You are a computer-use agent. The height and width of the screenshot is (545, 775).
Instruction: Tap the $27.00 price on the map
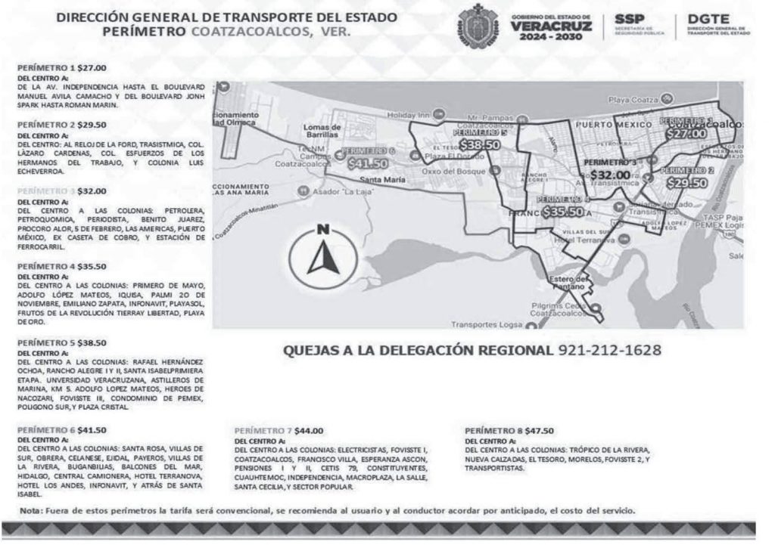point(686,133)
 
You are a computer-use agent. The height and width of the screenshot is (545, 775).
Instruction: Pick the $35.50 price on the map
point(563,212)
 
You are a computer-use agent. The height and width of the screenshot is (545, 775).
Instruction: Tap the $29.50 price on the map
point(688,182)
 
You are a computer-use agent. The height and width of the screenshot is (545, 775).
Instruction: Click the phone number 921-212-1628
point(608,351)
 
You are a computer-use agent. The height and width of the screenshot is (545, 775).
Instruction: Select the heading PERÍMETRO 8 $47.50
point(509,430)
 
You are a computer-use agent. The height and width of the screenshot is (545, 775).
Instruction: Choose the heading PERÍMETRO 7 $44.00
point(279,430)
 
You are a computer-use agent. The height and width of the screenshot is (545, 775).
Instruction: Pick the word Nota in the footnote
point(31,511)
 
